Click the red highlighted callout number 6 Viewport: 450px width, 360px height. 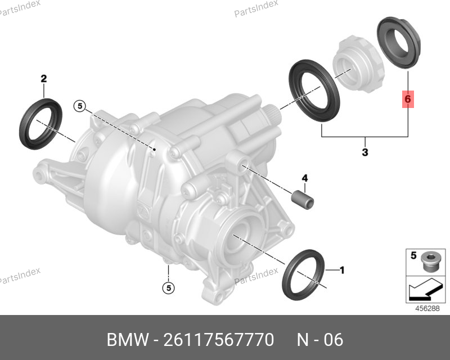(x=408, y=99)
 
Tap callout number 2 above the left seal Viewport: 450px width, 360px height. (x=44, y=78)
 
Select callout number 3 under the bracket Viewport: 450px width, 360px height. (x=364, y=152)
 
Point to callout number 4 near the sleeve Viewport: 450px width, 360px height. (x=305, y=178)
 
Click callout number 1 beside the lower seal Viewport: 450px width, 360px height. (x=342, y=270)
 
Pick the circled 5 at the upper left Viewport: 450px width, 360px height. (x=80, y=106)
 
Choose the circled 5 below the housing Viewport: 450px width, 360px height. (x=168, y=287)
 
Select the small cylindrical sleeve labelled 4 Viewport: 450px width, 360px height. (x=303, y=200)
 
